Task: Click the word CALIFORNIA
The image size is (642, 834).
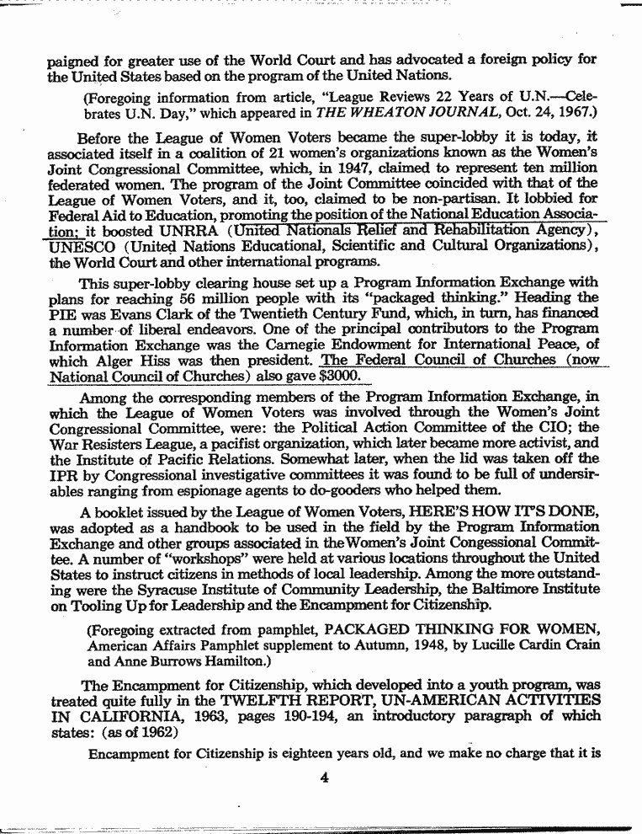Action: tap(132, 716)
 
